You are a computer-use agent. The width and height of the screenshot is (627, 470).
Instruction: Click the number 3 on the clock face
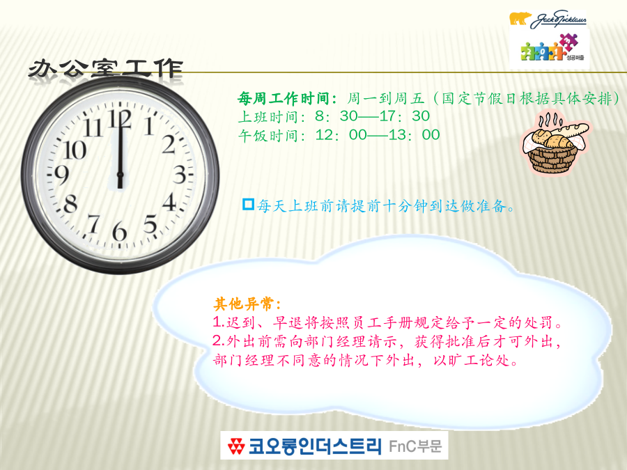[x=180, y=174]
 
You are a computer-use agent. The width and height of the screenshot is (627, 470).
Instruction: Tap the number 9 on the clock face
[x=61, y=175]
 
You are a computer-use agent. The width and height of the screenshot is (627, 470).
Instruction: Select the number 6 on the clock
[x=119, y=231]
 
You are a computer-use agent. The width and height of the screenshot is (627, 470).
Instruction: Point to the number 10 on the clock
[x=75, y=150]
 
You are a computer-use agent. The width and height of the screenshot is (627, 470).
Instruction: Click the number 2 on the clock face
[x=169, y=144]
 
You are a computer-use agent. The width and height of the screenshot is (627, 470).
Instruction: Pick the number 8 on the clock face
[x=70, y=203]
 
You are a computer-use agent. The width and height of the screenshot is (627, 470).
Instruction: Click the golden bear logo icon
[x=520, y=18]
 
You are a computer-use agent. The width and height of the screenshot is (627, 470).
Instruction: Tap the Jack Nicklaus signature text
[x=558, y=19]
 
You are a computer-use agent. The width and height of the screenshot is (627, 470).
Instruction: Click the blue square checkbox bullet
[x=248, y=204]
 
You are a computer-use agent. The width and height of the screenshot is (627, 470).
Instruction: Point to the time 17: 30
[x=404, y=116]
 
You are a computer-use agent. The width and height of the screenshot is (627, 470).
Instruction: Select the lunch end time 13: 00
[x=414, y=134]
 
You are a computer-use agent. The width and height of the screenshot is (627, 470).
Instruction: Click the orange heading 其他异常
[x=247, y=304]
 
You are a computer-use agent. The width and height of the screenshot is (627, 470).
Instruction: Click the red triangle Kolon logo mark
[x=236, y=446]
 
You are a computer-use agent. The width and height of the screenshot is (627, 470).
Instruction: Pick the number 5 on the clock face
[x=150, y=224]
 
